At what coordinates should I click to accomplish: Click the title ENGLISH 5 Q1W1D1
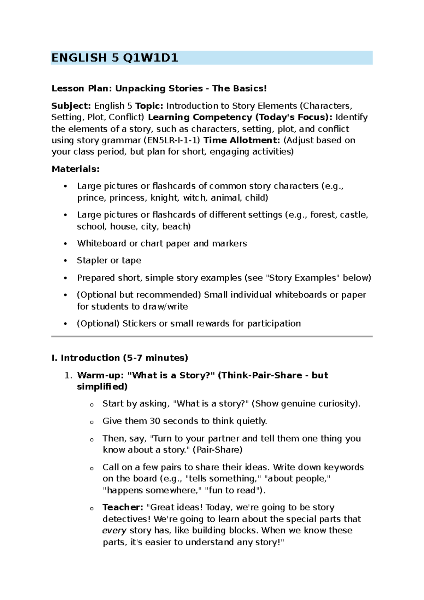click(x=114, y=58)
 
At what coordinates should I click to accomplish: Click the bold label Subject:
click(x=71, y=106)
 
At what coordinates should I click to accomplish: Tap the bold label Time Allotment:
click(x=242, y=140)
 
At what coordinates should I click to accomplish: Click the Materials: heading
click(x=76, y=169)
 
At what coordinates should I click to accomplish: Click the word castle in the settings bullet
click(x=354, y=215)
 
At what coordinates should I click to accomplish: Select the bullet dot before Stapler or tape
click(x=65, y=261)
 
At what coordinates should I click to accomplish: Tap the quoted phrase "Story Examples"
click(x=302, y=278)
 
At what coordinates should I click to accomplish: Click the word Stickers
click(x=139, y=324)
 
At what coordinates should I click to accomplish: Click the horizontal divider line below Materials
click(x=212, y=336)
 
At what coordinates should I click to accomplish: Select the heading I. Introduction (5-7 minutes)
click(x=120, y=358)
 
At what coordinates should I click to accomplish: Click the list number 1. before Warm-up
click(x=69, y=375)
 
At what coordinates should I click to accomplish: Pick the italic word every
click(x=114, y=531)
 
